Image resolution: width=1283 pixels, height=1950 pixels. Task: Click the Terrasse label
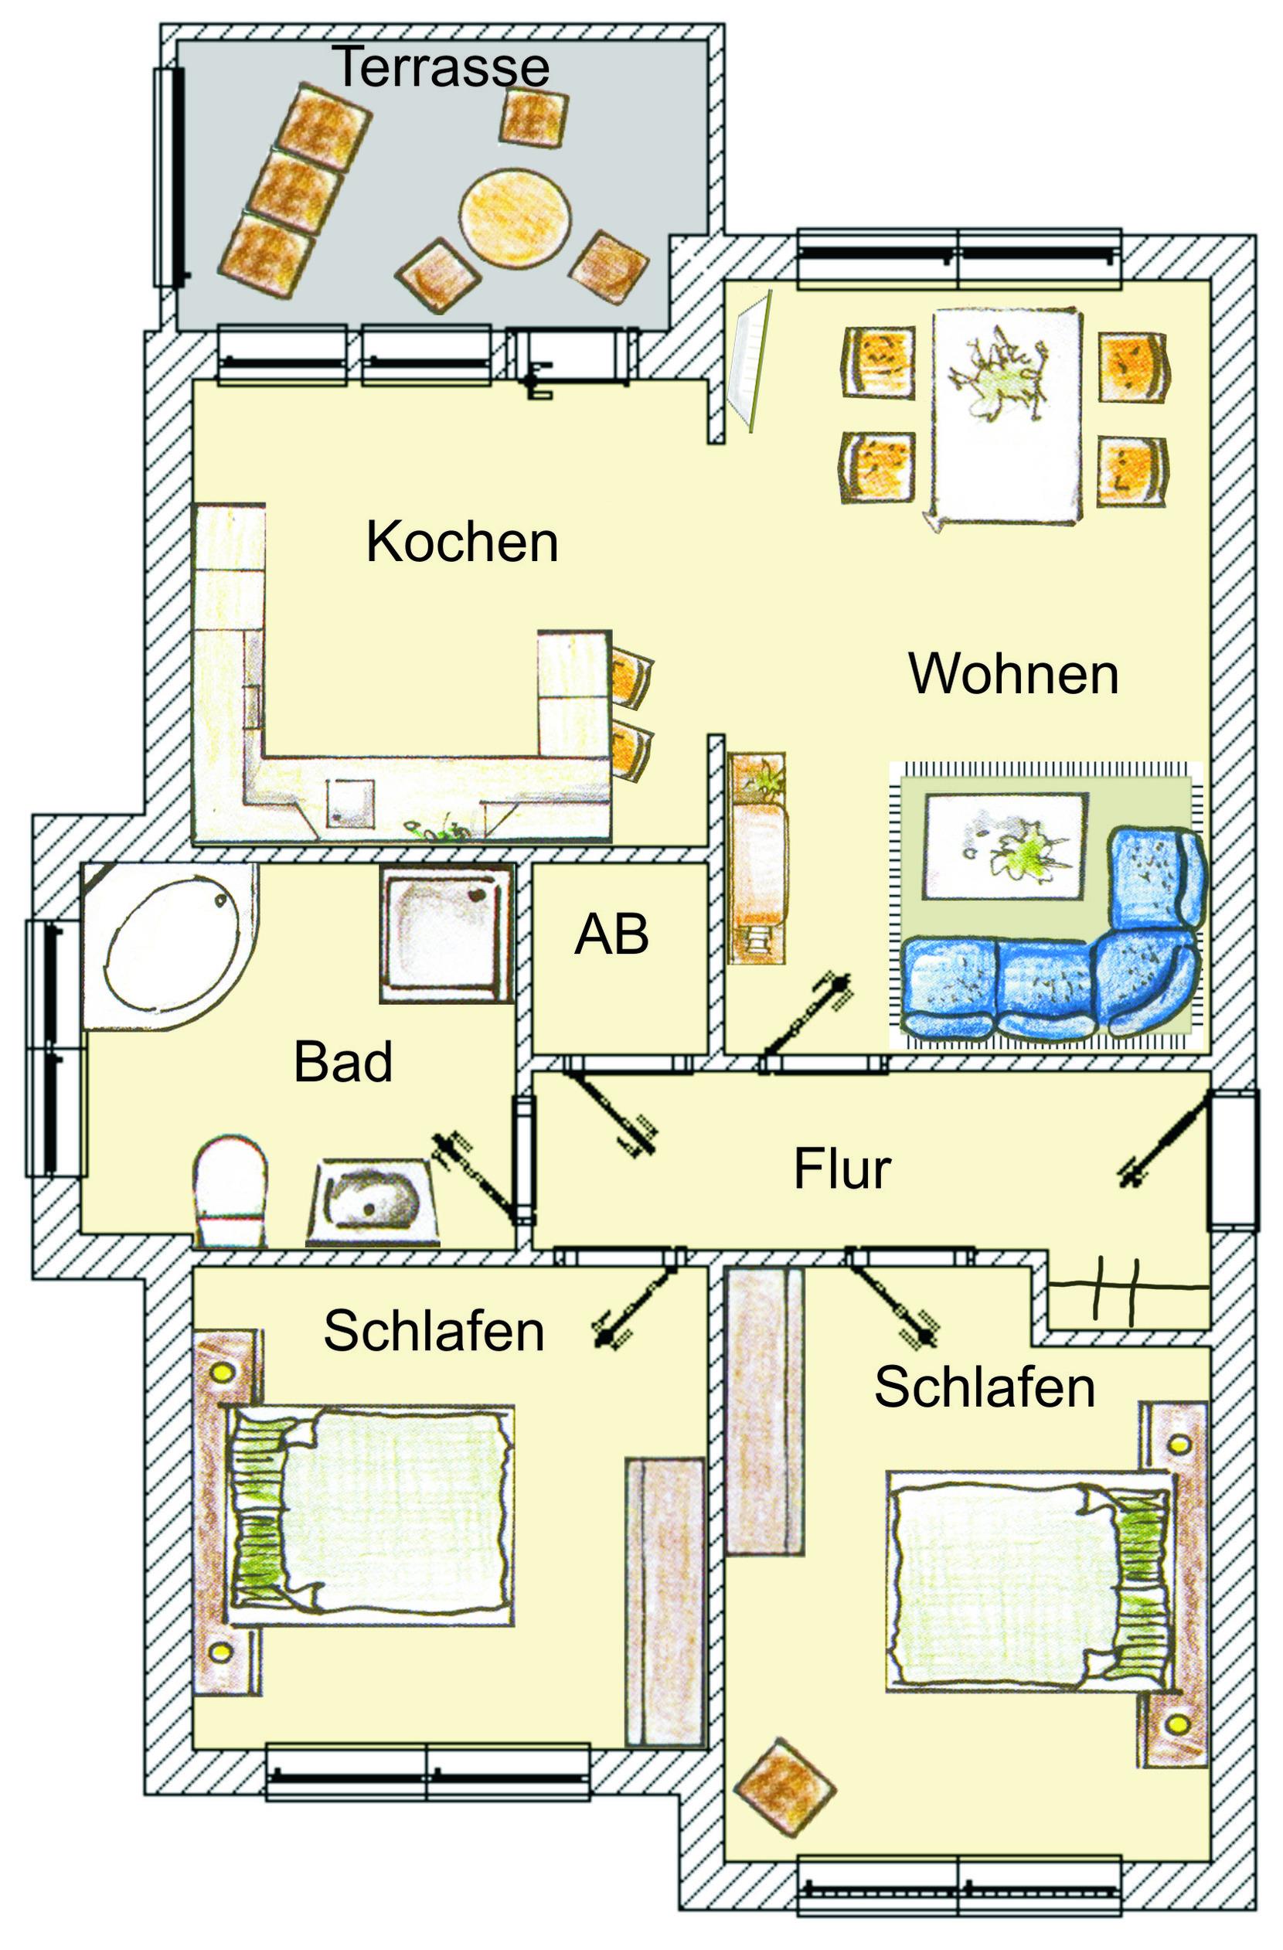click(440, 66)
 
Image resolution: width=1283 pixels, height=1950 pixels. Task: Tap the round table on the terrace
click(515, 216)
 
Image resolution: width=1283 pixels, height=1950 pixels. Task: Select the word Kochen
click(462, 542)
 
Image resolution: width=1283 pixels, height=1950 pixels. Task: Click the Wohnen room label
click(1013, 673)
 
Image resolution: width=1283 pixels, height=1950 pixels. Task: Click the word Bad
click(342, 1062)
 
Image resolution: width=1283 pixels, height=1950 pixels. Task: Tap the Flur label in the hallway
click(842, 1169)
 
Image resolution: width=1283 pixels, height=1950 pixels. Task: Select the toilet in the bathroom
click(230, 1190)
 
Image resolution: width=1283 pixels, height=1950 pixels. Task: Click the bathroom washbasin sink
click(373, 1201)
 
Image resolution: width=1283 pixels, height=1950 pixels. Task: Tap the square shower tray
click(447, 933)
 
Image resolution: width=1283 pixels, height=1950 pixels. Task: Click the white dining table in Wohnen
click(1006, 417)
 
